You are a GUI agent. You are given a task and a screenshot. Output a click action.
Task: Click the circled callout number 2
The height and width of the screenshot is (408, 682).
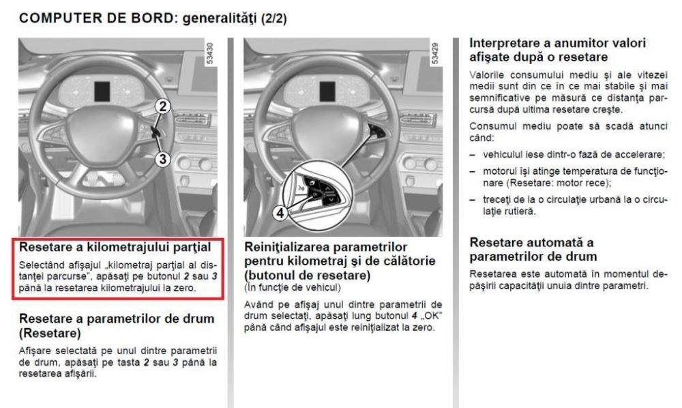tap(163, 106)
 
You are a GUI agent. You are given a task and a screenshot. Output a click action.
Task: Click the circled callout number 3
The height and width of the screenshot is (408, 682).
tap(163, 159)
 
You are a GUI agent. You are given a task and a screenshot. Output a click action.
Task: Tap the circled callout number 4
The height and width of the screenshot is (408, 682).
tap(280, 213)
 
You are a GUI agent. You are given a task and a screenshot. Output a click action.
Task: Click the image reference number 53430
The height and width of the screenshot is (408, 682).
tap(209, 53)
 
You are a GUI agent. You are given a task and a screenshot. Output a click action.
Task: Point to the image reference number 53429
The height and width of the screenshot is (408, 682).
tap(435, 53)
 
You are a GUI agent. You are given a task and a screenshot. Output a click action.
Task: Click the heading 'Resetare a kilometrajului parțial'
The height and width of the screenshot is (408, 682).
tap(115, 247)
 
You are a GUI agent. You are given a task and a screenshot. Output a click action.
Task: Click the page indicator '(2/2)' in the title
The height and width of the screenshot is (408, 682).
tap(273, 18)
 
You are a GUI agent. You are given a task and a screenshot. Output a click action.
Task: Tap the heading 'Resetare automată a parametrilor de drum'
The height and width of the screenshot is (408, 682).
tap(533, 249)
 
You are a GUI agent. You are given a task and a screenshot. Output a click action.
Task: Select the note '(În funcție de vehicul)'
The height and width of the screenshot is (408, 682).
tap(293, 287)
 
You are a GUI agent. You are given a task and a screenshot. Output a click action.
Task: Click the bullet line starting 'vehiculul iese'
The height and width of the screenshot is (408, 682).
tap(574, 154)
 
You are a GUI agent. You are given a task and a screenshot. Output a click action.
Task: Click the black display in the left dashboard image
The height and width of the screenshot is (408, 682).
tap(102, 92)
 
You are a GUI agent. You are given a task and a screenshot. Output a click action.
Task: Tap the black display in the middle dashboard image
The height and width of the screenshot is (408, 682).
tap(327, 92)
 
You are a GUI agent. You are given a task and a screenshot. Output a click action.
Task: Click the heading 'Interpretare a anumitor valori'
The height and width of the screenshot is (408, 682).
tap(558, 43)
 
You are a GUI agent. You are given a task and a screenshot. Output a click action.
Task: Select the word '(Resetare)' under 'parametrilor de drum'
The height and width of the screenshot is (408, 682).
tap(50, 333)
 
